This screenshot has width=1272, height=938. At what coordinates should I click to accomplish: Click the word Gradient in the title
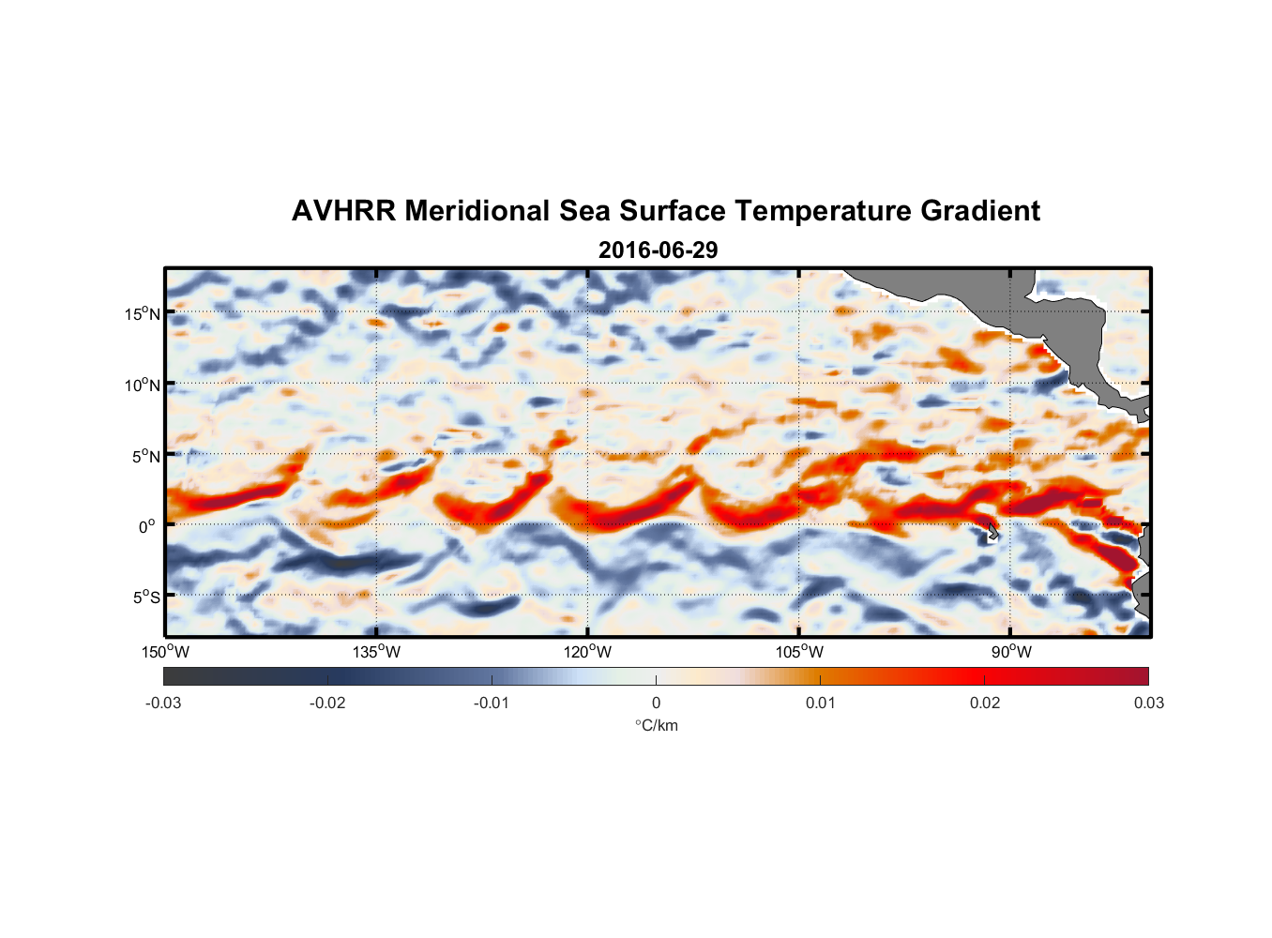pos(980,211)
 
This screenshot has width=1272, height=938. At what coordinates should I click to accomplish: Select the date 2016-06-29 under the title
pos(658,250)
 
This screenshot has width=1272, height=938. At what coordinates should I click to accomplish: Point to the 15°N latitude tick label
pos(143,313)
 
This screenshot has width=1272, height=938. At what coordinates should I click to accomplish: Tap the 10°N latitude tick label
pos(143,385)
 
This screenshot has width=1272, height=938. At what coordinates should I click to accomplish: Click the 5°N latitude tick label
pos(145,456)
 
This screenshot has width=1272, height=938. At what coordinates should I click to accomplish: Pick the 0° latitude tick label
pos(147,526)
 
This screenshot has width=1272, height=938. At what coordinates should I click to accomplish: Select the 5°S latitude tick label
pos(145,597)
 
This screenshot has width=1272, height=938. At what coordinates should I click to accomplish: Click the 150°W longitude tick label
pos(165,652)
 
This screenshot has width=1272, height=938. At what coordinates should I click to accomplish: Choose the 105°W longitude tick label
pos(799,652)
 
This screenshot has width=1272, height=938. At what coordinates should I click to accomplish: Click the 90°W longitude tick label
pos(1010,652)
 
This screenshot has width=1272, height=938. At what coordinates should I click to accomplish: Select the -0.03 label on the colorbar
pos(163,703)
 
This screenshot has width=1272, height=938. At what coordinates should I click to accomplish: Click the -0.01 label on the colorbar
pos(492,703)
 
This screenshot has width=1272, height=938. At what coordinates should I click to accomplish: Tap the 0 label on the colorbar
pos(656,703)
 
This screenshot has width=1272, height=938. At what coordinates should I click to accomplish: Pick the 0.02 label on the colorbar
pos(985,703)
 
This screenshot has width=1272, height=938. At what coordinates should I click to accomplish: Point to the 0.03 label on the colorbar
pos(1148,703)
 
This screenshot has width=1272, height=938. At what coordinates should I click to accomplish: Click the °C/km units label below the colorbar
pos(656,725)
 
